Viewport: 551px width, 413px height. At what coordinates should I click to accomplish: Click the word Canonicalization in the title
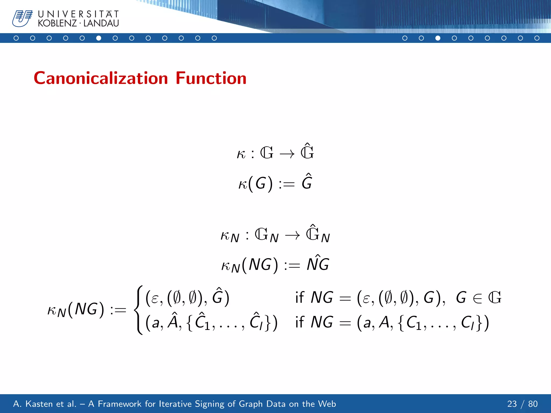(x=101, y=78)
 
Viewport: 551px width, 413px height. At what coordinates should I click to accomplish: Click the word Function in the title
(x=211, y=78)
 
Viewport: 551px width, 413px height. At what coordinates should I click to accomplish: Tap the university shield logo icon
(x=22, y=18)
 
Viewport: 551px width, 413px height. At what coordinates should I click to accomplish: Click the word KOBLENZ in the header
(x=57, y=23)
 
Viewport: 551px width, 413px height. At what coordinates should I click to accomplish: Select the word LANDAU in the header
(x=101, y=23)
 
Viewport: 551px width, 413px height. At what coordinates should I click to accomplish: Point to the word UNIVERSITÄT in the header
(x=78, y=14)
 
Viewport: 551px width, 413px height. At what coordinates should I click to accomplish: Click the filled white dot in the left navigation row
(x=99, y=38)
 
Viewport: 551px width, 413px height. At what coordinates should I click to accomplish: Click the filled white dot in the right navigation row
(x=438, y=38)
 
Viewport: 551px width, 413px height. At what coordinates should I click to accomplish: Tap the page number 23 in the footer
(x=512, y=404)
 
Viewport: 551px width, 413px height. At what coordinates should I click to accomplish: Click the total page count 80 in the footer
(x=533, y=404)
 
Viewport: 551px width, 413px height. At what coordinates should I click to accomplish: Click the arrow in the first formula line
(x=287, y=154)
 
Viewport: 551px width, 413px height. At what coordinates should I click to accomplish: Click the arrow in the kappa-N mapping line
(x=292, y=236)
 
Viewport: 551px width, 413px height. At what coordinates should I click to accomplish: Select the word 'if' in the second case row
(x=299, y=322)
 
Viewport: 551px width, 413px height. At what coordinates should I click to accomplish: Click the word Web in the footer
(x=327, y=404)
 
